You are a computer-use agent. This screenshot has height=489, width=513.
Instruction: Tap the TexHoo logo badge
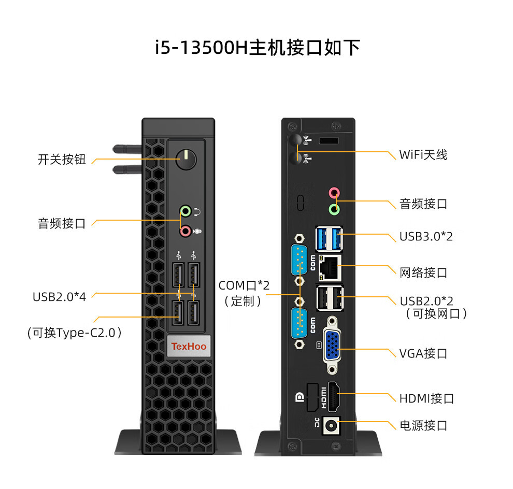(189, 346)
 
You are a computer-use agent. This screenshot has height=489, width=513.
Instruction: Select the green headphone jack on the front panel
(185, 211)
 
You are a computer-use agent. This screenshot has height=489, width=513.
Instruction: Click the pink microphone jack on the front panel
(185, 231)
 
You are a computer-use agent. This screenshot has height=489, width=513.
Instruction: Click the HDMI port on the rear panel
(335, 398)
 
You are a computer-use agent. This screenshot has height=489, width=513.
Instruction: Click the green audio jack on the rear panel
(334, 209)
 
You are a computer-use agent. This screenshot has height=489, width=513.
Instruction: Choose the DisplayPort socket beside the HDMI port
(312, 398)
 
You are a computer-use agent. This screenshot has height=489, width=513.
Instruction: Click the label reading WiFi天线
(423, 155)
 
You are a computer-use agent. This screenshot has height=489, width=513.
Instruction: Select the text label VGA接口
(423, 354)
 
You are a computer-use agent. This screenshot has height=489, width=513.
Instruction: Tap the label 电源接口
(423, 426)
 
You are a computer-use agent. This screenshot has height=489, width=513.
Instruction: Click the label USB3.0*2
(426, 237)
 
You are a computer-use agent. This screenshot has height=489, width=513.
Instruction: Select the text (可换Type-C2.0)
(74, 333)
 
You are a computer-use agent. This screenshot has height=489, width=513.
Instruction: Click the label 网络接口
(423, 273)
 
